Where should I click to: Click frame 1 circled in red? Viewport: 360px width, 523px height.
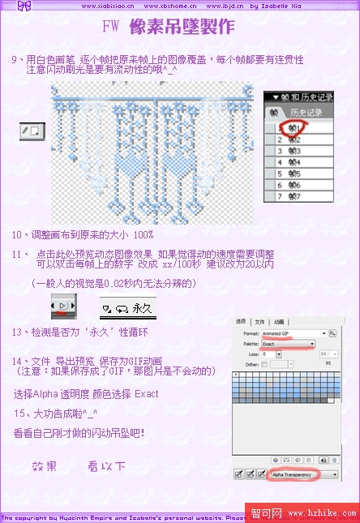289,128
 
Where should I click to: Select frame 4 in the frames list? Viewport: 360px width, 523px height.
289,162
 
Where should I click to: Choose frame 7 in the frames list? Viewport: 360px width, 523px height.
289,196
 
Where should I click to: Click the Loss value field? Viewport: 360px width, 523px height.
272,354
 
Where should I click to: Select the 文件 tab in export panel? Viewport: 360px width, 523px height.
259,321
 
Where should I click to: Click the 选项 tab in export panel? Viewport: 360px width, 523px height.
241,321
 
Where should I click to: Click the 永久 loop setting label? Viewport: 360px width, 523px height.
143,309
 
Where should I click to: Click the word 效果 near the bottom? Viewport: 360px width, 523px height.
45,466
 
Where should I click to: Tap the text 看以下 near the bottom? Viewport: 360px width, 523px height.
106,466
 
